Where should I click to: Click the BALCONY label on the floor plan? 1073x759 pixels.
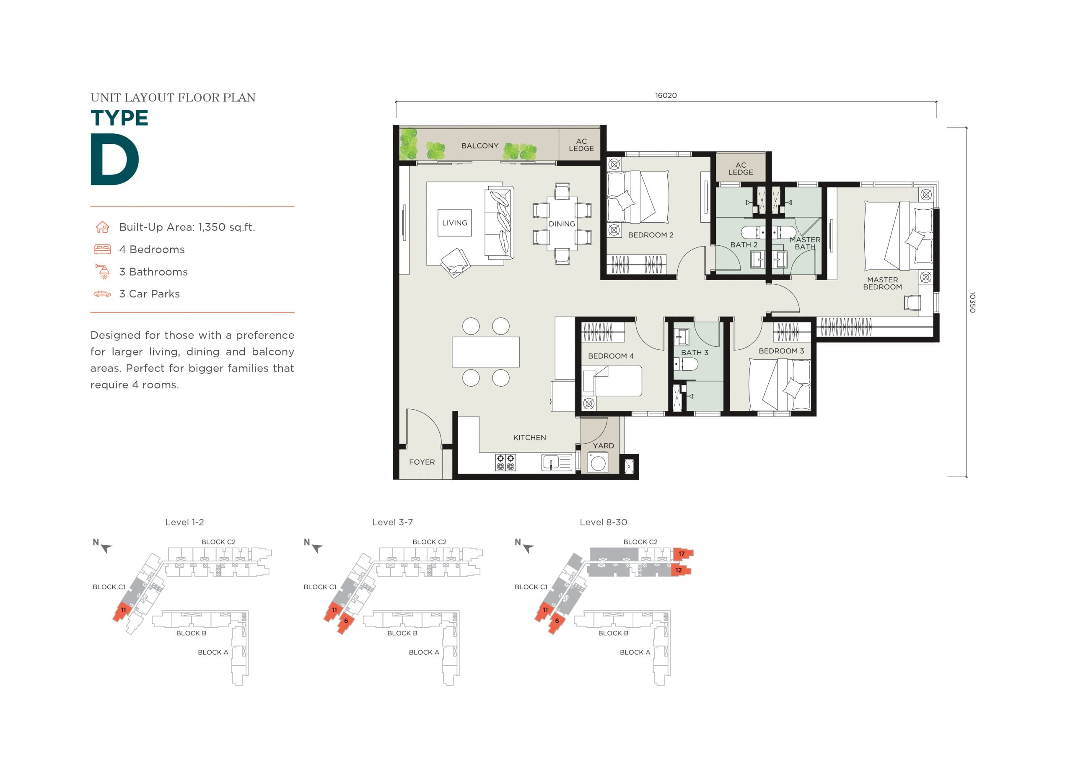click(479, 146)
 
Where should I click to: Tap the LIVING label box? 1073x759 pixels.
click(454, 223)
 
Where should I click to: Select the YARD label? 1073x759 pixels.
click(603, 446)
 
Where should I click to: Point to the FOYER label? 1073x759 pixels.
click(422, 462)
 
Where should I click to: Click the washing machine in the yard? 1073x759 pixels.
click(598, 463)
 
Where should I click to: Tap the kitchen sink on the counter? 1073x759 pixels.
click(557, 463)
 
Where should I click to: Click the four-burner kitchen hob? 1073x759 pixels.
click(505, 463)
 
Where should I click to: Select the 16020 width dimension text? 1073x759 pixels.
click(666, 96)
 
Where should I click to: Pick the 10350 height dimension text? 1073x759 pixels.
click(972, 302)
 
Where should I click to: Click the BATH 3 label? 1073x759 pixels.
click(695, 353)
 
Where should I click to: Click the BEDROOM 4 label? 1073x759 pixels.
click(611, 356)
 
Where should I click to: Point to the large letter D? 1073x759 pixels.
click(114, 159)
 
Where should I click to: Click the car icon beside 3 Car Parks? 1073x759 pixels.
click(102, 294)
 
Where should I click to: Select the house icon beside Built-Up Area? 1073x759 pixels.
click(102, 227)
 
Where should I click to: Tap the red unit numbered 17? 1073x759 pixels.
click(683, 554)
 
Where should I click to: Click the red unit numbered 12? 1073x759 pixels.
click(680, 570)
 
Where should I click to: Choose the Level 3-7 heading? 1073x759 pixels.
click(393, 522)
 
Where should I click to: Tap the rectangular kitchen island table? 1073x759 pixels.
click(485, 352)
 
